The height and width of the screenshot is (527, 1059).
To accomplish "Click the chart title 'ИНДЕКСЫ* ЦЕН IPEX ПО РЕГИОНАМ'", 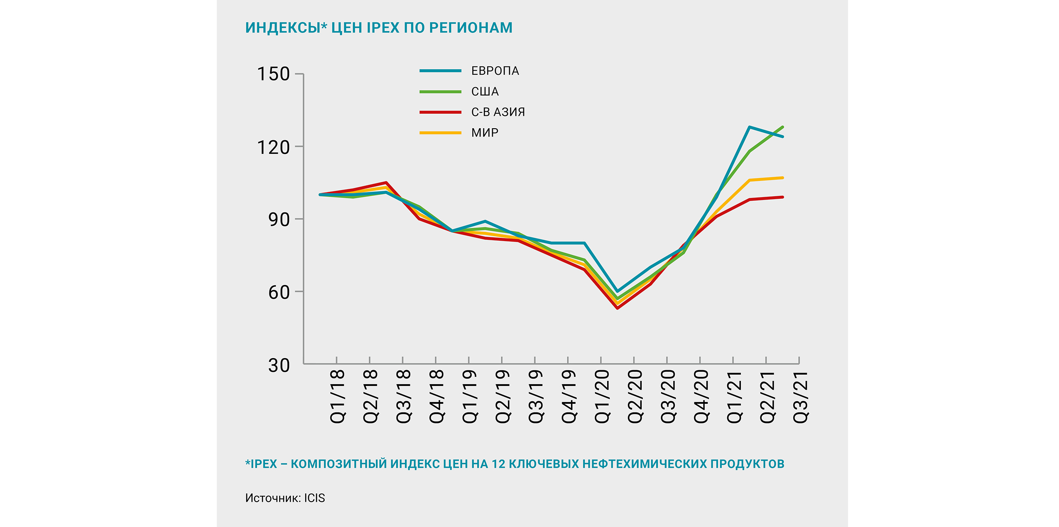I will click(x=378, y=28).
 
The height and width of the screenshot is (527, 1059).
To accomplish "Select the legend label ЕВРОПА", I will click(x=495, y=71).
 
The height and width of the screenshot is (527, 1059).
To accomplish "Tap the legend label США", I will click(x=485, y=91).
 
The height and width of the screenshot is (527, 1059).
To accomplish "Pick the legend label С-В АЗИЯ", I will click(x=498, y=112).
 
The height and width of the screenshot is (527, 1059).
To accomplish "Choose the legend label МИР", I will click(x=485, y=133).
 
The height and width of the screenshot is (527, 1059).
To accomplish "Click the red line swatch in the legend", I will click(x=440, y=112).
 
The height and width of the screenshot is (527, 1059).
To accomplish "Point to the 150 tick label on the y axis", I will click(x=273, y=74).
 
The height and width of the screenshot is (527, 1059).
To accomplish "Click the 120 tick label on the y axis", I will click(x=273, y=147).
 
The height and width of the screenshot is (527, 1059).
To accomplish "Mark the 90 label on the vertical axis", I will click(x=279, y=220).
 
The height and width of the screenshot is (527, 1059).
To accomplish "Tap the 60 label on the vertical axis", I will click(x=279, y=293).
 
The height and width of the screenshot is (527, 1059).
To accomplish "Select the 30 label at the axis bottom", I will click(x=279, y=366).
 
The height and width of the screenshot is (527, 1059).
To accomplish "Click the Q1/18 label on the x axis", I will click(x=337, y=397).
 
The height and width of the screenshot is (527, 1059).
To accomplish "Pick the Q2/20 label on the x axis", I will click(x=635, y=397).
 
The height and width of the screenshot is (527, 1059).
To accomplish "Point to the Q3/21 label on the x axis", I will click(x=800, y=397).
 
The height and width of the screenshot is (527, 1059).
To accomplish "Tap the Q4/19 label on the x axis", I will click(x=569, y=397).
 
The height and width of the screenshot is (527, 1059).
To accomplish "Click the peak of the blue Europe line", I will click(x=749, y=127).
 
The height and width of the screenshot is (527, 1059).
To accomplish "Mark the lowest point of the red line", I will click(x=618, y=308).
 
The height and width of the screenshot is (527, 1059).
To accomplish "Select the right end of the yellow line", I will click(x=782, y=178).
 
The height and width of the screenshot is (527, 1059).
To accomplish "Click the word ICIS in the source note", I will click(x=314, y=498).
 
